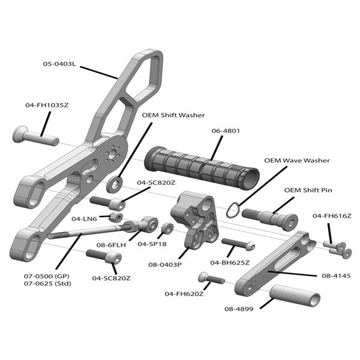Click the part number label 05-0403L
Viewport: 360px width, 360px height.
point(59,64)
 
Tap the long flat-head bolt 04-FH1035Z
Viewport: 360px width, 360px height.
point(36,135)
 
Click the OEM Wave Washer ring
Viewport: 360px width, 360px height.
point(232,209)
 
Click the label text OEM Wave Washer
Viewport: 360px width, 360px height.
point(297,161)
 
